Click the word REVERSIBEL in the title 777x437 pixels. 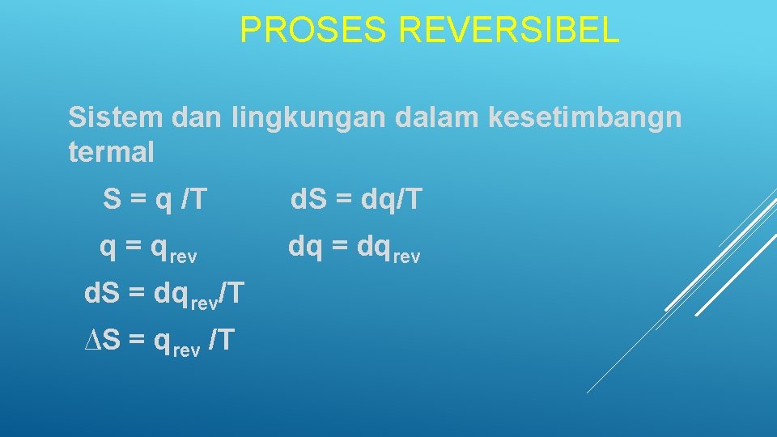[509, 31]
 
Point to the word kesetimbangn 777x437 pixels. [585, 118]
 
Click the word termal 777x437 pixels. [111, 152]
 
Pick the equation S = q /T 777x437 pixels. [155, 199]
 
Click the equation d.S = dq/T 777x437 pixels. [356, 199]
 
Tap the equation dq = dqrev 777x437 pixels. [355, 248]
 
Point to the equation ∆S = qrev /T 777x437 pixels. [159, 341]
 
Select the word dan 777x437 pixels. [197, 117]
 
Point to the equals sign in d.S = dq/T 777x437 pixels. [341, 199]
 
